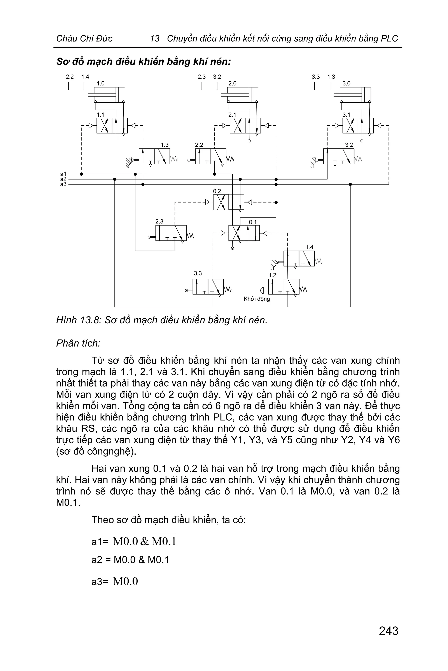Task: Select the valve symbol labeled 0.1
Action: point(244,233)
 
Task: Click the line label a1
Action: point(63,174)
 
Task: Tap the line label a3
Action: point(63,184)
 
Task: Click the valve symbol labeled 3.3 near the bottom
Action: point(208,287)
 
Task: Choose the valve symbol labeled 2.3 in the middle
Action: point(171,233)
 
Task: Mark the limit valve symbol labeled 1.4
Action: point(299,259)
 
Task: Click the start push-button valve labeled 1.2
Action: point(284,287)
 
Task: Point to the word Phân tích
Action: point(78,343)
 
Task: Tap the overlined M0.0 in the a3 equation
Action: point(125,581)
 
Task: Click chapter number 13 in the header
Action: point(155,39)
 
